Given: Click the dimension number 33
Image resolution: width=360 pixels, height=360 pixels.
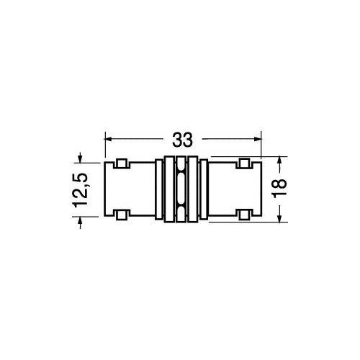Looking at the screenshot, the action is point(182,140).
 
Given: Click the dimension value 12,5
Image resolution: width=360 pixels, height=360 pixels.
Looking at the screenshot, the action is point(80,190).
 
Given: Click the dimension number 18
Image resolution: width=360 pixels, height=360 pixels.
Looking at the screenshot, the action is point(280,189).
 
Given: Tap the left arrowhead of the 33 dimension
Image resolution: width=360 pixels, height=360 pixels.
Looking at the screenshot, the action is point(109,139).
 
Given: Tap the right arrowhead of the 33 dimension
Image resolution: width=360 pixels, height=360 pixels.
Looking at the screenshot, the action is point(257,139).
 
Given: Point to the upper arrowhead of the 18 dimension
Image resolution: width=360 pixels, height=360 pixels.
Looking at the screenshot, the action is point(279,161).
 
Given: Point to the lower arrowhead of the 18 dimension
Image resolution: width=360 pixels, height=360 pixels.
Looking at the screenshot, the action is point(279,218).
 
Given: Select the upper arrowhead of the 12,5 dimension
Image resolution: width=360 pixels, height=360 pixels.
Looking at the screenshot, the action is point(80,159).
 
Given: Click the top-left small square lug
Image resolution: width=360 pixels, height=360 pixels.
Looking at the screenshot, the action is point(122,163).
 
